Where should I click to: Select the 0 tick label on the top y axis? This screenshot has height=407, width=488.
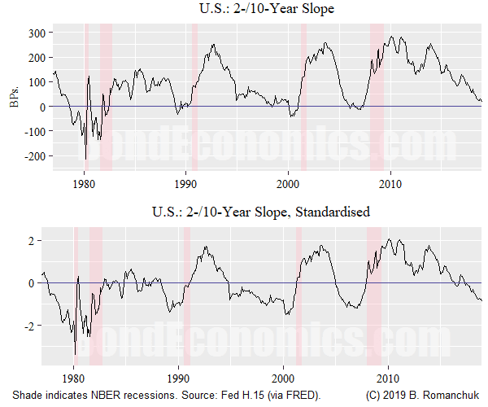(44, 107)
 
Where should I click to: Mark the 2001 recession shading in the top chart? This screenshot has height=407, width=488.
(303, 98)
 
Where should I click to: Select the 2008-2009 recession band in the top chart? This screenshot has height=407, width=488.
(377, 98)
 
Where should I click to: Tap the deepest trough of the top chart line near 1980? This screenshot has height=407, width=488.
(85, 160)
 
